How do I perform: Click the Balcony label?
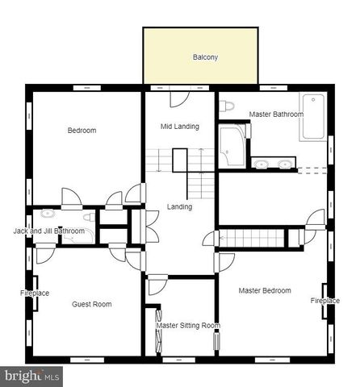(x=205, y=57)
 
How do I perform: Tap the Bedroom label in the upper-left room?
(x=82, y=131)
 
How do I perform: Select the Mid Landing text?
(x=179, y=127)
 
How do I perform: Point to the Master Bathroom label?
(x=276, y=114)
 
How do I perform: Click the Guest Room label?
(x=91, y=304)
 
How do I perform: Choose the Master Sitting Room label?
(x=188, y=326)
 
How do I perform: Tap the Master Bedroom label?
(x=265, y=290)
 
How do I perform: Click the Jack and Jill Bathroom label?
(x=48, y=231)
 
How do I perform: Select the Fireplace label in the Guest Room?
(x=35, y=293)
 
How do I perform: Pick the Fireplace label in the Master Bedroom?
(x=325, y=300)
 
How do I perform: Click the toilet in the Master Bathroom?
(x=227, y=105)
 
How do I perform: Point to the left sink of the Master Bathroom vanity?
(x=262, y=164)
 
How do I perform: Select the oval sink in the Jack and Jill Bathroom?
(x=48, y=214)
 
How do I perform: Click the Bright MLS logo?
(x=32, y=376)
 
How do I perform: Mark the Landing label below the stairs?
(x=179, y=206)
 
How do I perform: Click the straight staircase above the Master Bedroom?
(x=253, y=238)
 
